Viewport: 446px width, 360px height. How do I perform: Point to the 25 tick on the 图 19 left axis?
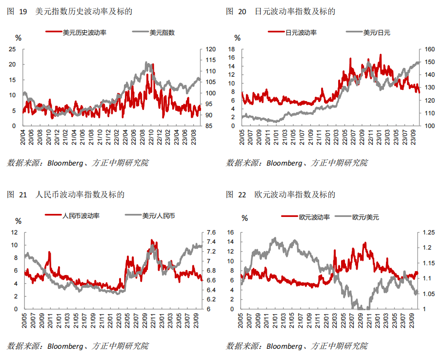tap(13, 49)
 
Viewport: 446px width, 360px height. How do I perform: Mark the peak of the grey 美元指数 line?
tap(146, 63)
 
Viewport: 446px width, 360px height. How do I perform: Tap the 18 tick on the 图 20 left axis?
tap(232, 49)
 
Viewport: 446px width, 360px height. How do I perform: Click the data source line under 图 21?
tap(78, 346)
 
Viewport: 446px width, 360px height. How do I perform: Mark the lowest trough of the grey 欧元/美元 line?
tap(362, 308)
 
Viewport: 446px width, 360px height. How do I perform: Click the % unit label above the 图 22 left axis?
tap(245, 218)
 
